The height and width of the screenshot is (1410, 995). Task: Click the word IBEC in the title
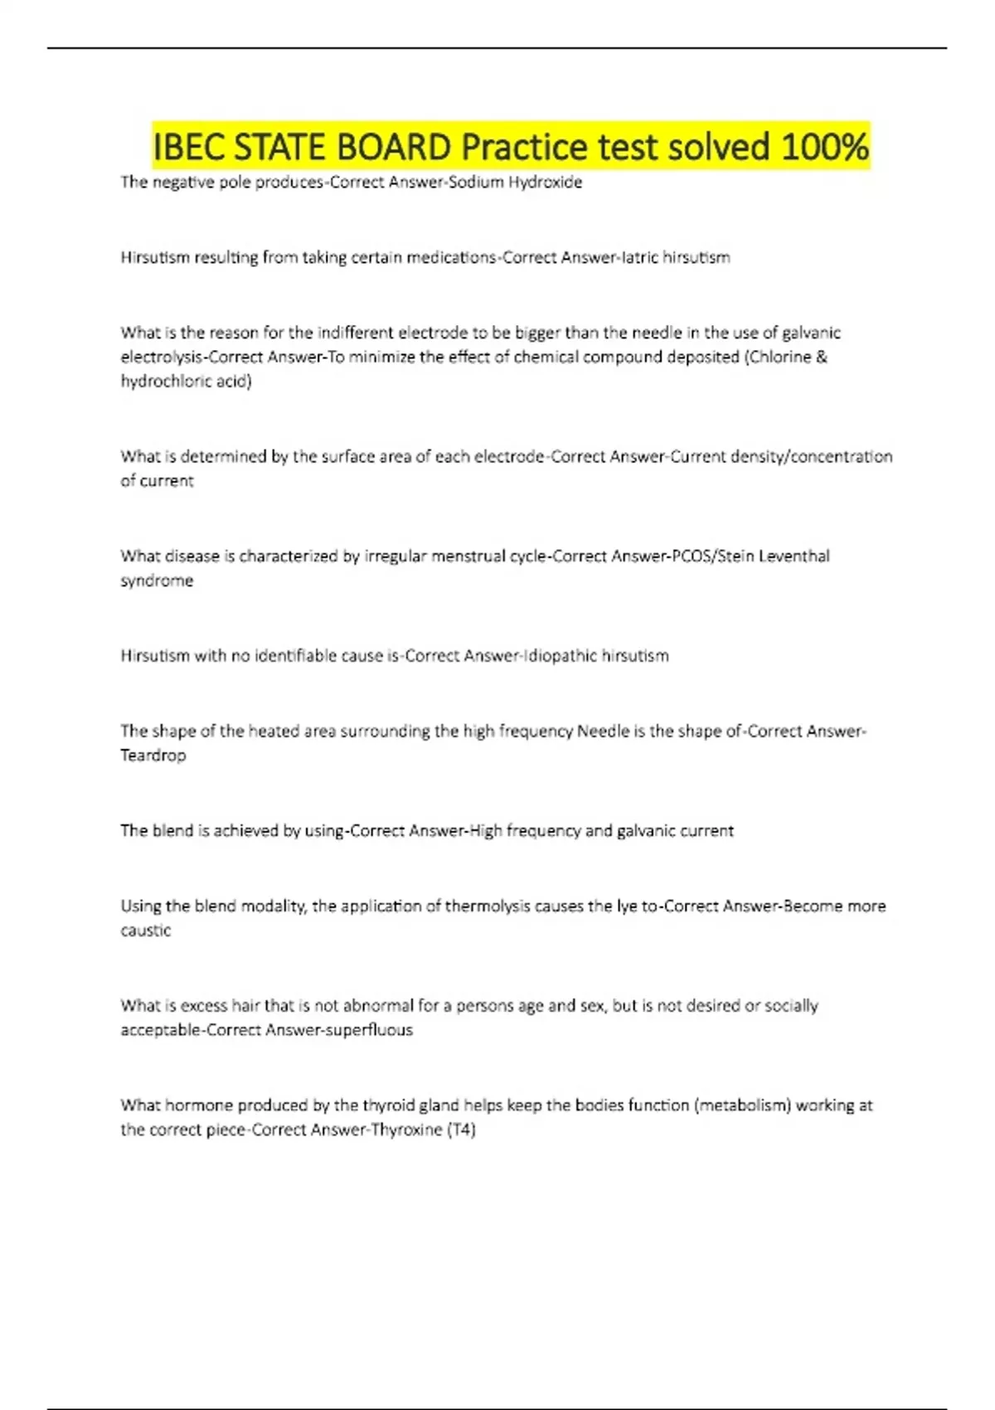(190, 147)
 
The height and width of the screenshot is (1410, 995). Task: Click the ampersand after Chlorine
(822, 357)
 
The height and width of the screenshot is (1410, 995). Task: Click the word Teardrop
(153, 755)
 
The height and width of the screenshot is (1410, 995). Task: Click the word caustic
(146, 930)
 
